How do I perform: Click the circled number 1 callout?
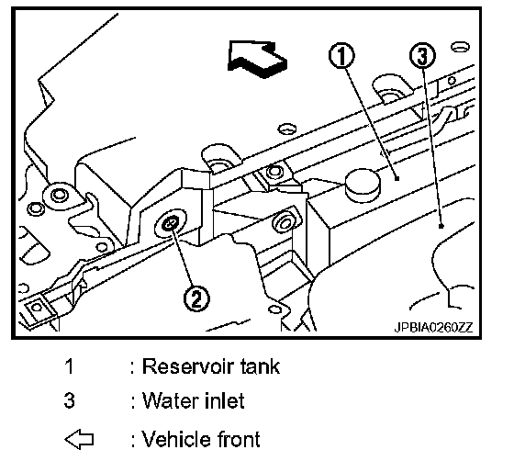(x=341, y=55)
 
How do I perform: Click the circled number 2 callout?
(x=196, y=298)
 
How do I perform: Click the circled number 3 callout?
(x=422, y=55)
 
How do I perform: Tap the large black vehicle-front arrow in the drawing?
(x=257, y=59)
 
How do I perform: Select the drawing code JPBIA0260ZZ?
(x=433, y=327)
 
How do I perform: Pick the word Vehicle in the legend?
(x=176, y=439)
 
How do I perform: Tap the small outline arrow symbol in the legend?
(x=79, y=439)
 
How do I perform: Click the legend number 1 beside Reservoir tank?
(x=69, y=365)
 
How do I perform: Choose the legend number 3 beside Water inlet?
(x=69, y=400)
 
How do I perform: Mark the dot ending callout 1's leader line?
(x=397, y=179)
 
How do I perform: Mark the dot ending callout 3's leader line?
(x=441, y=226)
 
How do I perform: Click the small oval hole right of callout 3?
(x=460, y=47)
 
